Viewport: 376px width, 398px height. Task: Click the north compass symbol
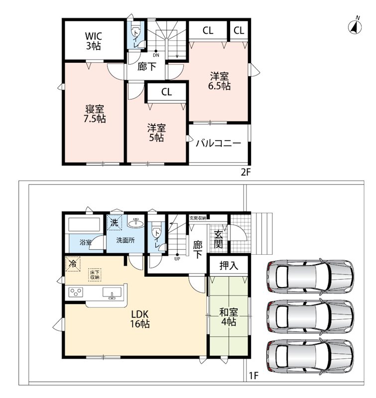pos(356,26)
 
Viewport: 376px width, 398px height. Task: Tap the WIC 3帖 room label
pos(94,41)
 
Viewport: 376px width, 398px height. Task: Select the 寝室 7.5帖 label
pos(95,114)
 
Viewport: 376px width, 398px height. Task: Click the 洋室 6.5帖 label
pos(219,81)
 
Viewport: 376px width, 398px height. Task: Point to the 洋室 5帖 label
pos(156,132)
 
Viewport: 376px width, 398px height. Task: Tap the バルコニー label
pos(218,144)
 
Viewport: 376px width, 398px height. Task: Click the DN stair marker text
pos(156,55)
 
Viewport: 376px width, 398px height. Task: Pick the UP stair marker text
pos(177,259)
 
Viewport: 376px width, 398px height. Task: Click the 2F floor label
pos(246,172)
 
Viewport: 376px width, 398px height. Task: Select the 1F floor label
pos(253,376)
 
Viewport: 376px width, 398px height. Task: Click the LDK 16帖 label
pos(140,319)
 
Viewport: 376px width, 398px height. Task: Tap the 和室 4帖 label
pos(228,316)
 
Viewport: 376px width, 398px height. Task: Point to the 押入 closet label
pos(229,266)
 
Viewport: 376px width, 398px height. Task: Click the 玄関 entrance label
pos(218,239)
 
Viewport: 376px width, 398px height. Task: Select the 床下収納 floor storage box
pos(95,275)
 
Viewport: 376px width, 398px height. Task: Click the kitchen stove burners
pos(76,292)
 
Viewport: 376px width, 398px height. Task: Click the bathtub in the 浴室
pos(84,225)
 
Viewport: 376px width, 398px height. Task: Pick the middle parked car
pos(310,316)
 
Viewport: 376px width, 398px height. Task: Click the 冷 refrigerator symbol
pos(73,264)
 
